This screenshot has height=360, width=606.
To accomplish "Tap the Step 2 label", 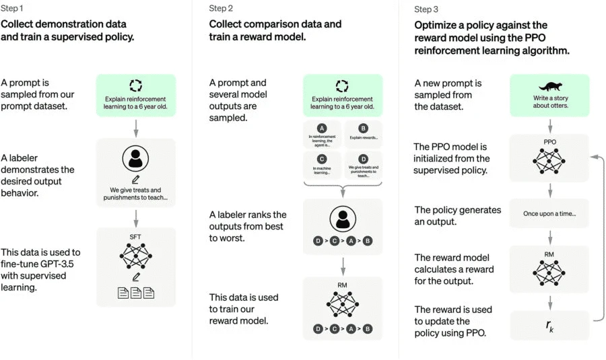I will click(x=221, y=9).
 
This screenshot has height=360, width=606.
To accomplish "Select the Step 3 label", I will click(x=426, y=9).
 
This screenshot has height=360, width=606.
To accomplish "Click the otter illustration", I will click(x=549, y=86).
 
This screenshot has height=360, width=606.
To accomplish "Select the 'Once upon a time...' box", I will click(x=549, y=213).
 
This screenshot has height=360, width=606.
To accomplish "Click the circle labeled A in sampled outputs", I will click(x=321, y=128).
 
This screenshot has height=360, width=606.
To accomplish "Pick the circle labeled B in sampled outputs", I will click(x=364, y=128).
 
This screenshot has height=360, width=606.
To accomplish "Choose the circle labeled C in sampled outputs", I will click(x=321, y=159).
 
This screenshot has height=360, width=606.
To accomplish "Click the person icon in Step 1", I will click(x=135, y=158).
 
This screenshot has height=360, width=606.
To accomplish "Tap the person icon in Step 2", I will click(x=342, y=219).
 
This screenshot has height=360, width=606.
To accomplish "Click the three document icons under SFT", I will click(x=136, y=293).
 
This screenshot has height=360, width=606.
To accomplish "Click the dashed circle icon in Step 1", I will click(x=136, y=85).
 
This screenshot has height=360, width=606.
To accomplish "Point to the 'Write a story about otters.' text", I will click(x=549, y=101).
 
